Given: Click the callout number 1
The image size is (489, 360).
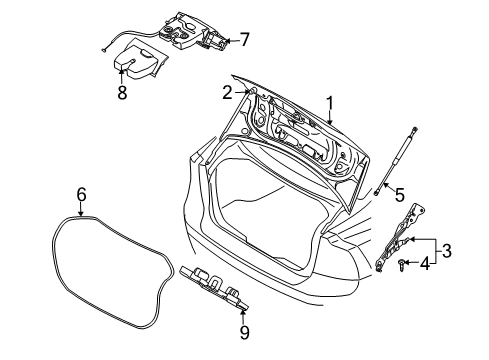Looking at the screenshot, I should coord(330,103).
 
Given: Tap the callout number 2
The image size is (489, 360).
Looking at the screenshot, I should coord(228,92).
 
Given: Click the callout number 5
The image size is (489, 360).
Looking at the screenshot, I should coord(399,195).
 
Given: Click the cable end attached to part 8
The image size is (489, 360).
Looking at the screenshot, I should coord(105,47).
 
